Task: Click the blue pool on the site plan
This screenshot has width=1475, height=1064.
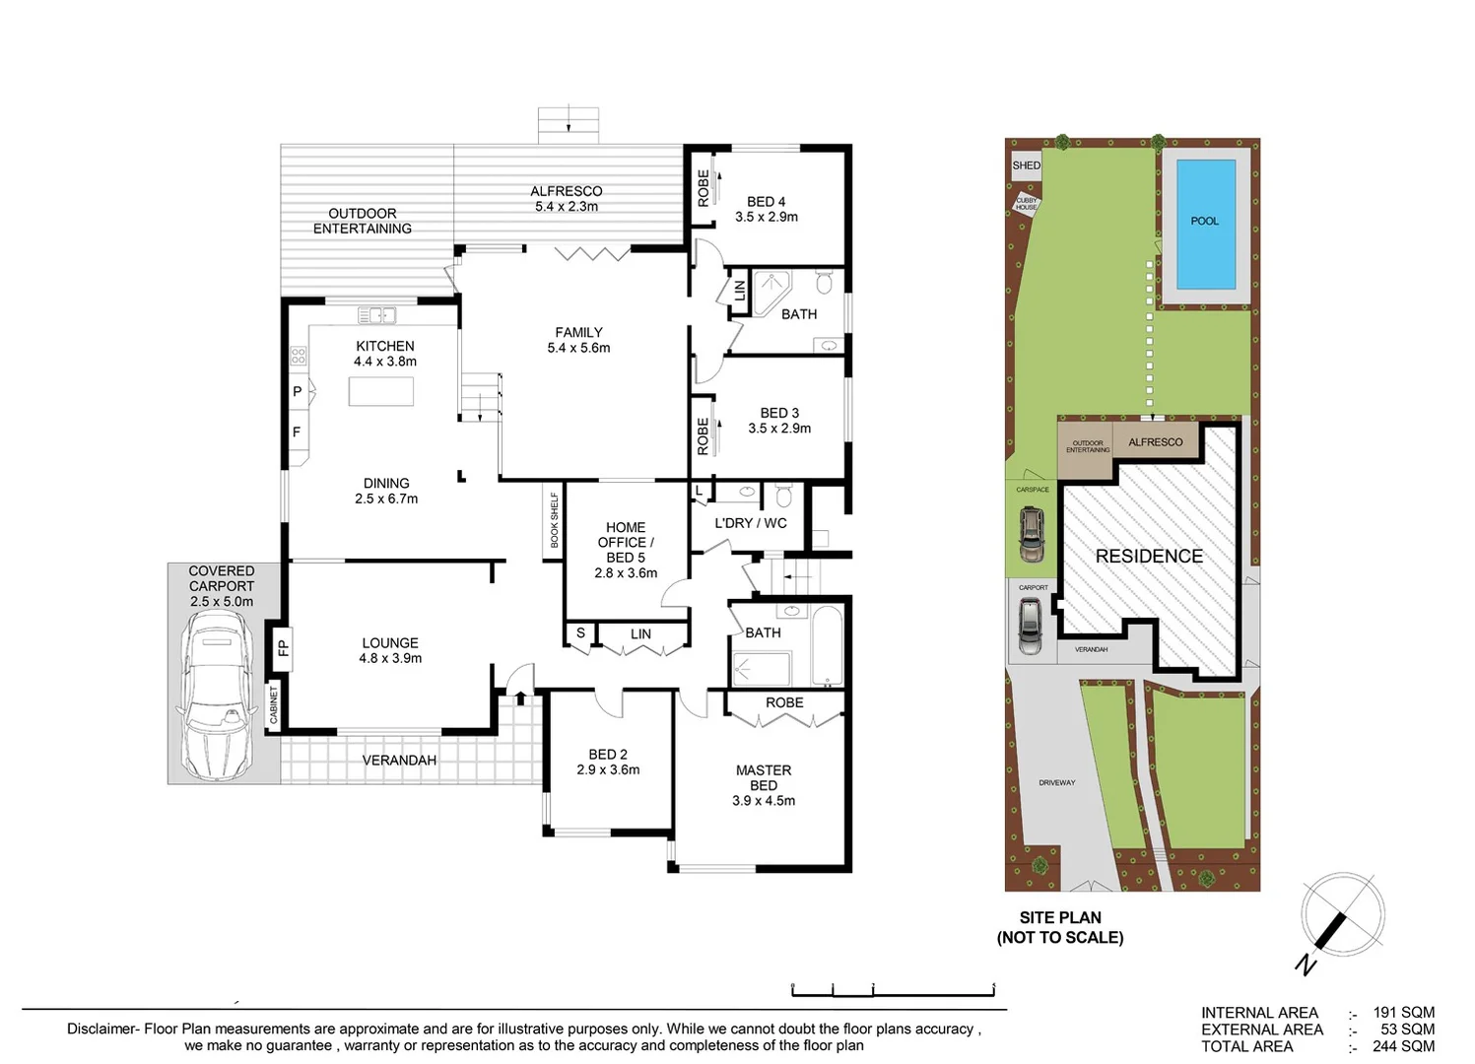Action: tap(1205, 224)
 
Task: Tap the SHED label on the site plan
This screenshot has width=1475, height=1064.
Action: tap(1026, 166)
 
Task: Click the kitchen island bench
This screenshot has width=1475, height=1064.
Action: tap(380, 391)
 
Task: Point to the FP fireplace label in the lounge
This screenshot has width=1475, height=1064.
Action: tap(282, 648)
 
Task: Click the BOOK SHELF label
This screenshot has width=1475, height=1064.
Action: tap(554, 520)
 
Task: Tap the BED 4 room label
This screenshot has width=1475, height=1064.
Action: tap(766, 202)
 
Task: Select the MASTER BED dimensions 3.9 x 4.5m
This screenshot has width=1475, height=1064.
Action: tap(764, 801)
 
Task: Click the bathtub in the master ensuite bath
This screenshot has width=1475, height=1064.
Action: tap(827, 645)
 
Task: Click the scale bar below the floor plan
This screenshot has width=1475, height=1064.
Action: tap(893, 989)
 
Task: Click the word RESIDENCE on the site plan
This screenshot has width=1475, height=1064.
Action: tap(1149, 556)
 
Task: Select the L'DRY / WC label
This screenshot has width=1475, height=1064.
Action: tap(751, 523)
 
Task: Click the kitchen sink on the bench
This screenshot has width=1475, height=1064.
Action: tap(376, 315)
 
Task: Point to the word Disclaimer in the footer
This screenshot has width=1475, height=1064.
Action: tap(101, 1029)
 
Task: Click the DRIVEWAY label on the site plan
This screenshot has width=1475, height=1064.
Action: tap(1056, 782)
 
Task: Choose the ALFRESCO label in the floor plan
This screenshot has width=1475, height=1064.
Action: tap(566, 191)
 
